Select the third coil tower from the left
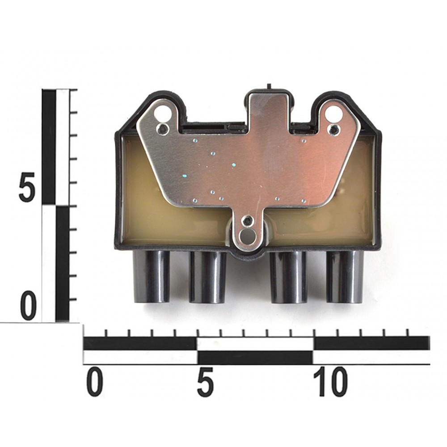[288, 278]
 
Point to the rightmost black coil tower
[345, 278]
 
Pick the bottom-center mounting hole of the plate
[247, 236]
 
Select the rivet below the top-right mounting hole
[333, 129]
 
